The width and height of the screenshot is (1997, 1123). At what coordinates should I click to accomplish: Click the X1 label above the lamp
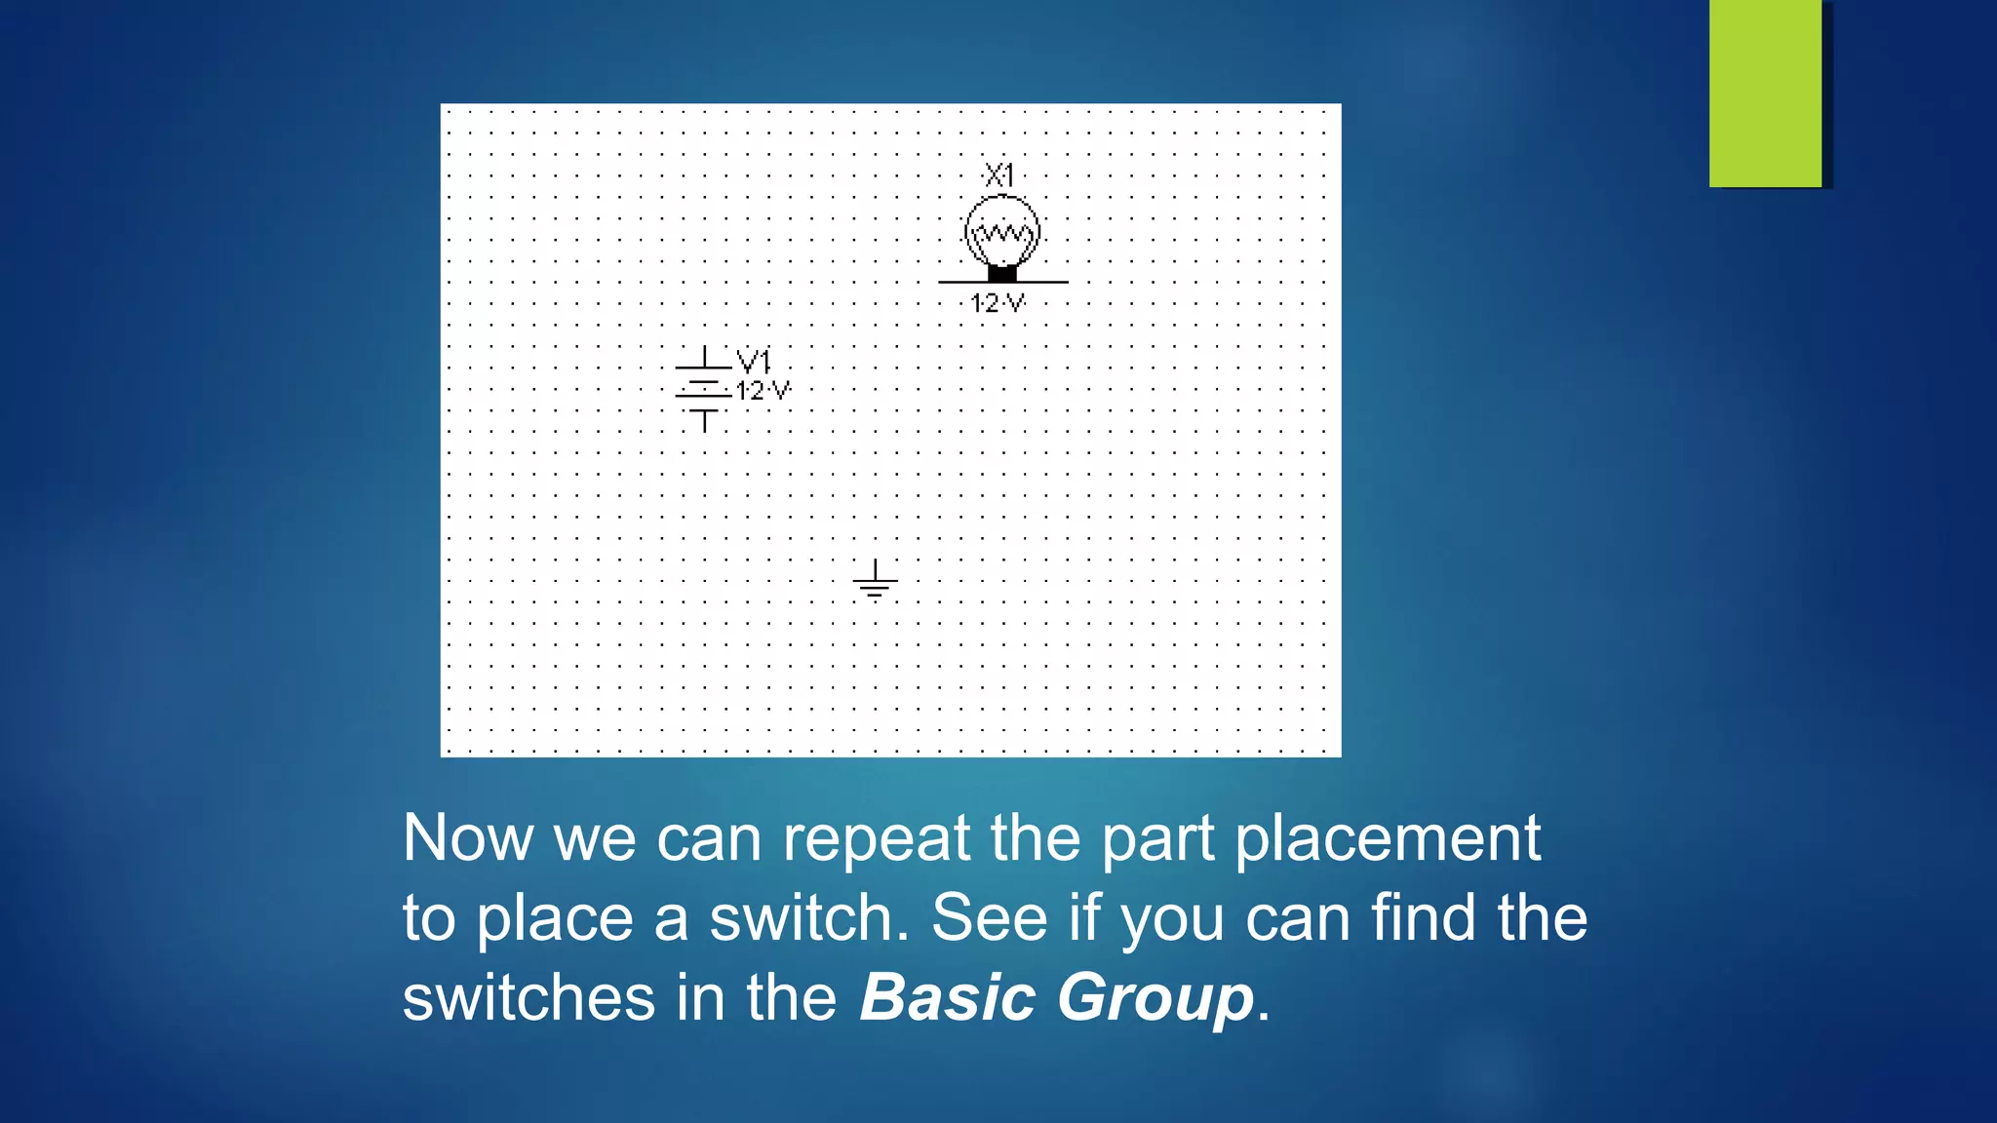999,175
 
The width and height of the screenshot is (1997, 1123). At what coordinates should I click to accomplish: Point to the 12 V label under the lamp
998,303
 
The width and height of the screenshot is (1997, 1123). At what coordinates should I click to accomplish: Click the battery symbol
703,389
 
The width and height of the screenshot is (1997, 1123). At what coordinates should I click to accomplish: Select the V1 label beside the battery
754,362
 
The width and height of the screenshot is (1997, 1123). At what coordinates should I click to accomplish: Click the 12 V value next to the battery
763,391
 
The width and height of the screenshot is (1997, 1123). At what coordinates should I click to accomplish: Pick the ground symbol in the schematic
875,580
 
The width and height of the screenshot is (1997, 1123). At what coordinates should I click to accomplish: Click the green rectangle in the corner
1765,93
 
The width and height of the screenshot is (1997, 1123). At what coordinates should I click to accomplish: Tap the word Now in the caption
468,837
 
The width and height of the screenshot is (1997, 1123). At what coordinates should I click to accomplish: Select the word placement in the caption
1388,837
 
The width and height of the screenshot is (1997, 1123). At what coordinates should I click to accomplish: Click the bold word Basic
947,998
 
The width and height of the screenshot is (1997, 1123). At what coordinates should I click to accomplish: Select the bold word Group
1155,1000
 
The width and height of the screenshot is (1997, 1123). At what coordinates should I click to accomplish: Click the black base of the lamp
1002,273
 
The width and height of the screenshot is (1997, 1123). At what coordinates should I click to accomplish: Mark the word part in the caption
1157,839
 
